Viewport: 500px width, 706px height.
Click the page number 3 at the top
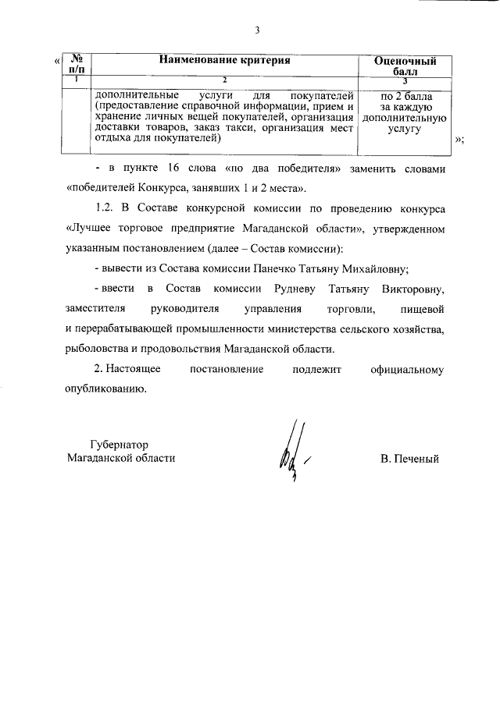coord(256,30)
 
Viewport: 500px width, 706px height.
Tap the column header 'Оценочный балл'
coord(405,66)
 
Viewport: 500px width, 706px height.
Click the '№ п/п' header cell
coord(77,65)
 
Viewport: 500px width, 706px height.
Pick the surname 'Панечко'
coord(279,270)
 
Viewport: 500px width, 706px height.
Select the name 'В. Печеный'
coord(409,459)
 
